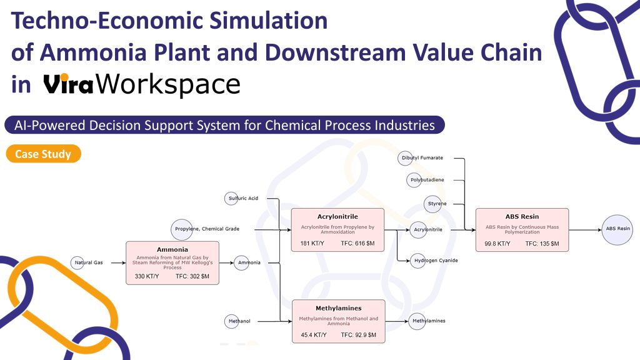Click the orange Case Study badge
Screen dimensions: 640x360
point(43,154)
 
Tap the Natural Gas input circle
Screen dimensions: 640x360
point(77,263)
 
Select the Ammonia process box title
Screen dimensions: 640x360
point(172,249)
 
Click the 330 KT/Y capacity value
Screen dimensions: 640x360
point(147,276)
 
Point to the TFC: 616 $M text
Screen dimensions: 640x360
point(357,243)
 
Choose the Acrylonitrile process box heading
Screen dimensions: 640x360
point(337,217)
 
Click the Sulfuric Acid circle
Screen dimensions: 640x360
point(231,198)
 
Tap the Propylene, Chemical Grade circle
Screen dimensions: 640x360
point(182,229)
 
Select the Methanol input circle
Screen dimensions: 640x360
point(231,321)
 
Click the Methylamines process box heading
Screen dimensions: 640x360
point(338,308)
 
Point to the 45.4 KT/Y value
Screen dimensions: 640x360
point(314,335)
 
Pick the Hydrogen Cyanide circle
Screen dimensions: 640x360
point(417,261)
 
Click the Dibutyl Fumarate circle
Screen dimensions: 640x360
point(405,158)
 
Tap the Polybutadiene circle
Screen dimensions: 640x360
point(414,180)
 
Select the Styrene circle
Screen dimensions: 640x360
point(433,204)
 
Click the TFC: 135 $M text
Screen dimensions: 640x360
point(542,244)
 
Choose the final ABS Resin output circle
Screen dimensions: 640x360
point(617,230)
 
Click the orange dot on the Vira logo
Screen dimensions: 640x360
point(64,77)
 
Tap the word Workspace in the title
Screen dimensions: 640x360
point(167,84)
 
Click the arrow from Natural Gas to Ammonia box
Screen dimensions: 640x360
point(118,263)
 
